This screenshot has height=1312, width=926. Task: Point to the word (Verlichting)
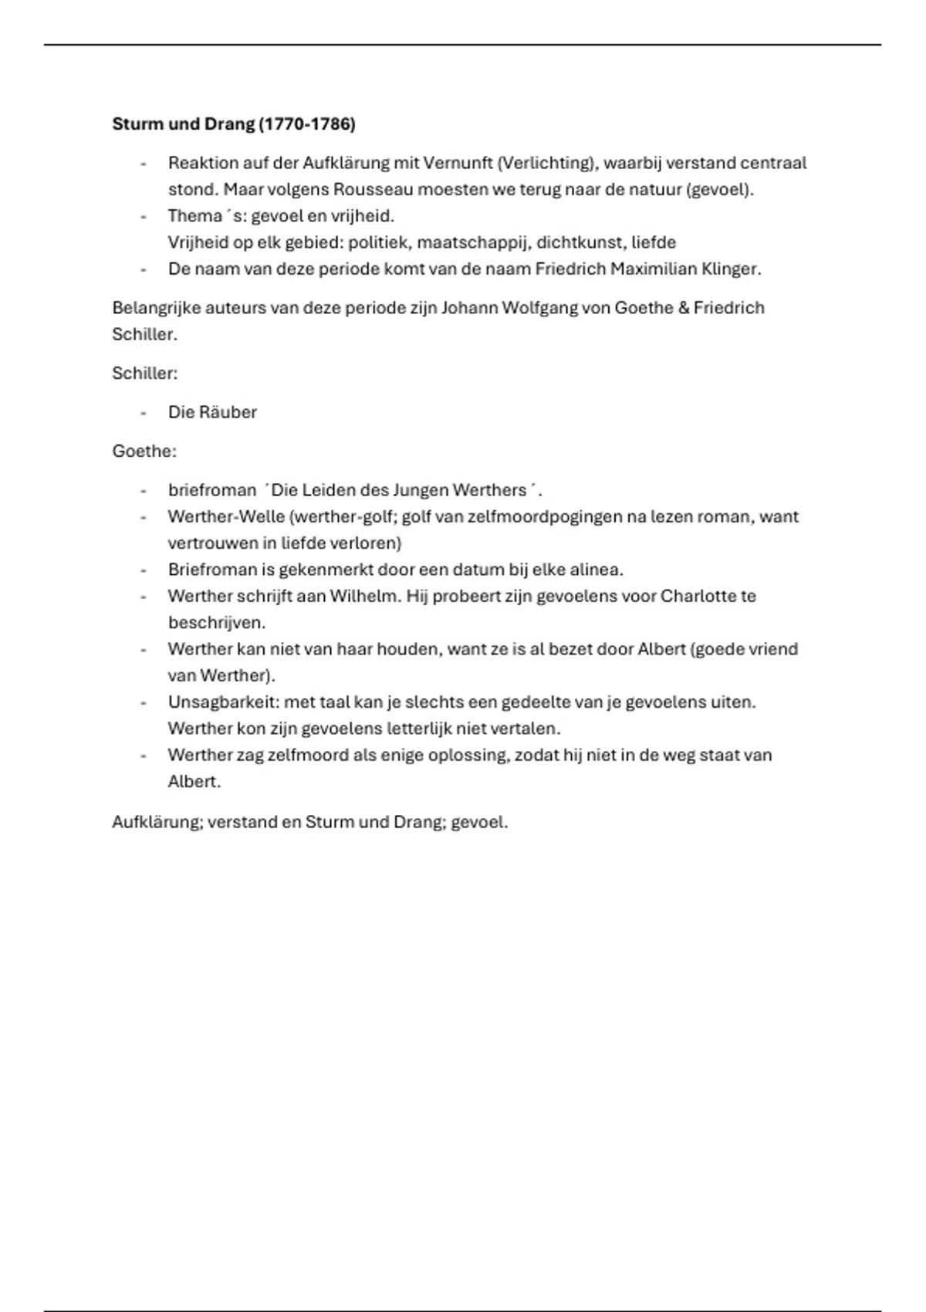click(x=545, y=164)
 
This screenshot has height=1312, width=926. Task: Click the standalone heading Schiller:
click(x=145, y=374)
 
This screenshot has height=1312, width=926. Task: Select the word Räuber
click(x=228, y=413)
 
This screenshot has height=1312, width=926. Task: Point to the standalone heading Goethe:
click(x=144, y=451)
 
